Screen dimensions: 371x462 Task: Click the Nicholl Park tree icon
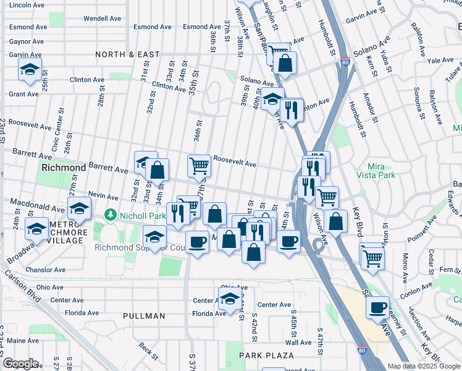pos(111,215)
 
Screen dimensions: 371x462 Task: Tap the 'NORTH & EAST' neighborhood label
pos(127,54)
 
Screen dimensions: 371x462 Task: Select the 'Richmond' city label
pos(63,168)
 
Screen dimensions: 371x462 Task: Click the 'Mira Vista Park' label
pos(388,171)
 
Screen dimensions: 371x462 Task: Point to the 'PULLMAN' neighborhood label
pos(144,316)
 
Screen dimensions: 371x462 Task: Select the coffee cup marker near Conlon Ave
pos(377,307)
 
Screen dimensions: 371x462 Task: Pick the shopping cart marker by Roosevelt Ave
pos(199,165)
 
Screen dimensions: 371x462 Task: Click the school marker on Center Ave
pos(230,297)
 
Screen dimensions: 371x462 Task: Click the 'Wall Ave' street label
pos(298,342)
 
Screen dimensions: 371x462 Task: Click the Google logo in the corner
pos(20,364)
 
